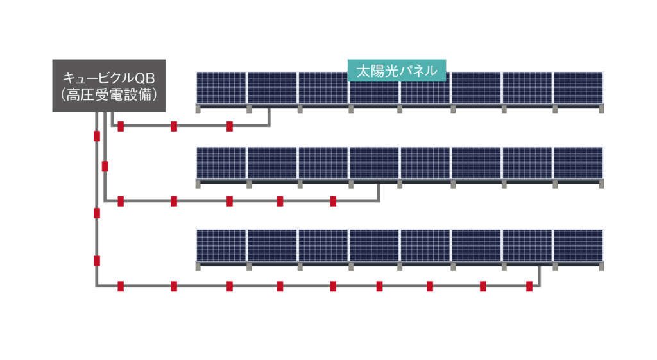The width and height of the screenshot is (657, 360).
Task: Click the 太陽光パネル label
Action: click(x=397, y=71)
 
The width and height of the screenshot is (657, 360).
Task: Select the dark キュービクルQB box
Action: click(x=108, y=86)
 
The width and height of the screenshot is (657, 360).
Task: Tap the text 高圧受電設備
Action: click(x=108, y=94)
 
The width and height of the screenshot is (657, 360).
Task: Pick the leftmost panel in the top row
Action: click(x=221, y=87)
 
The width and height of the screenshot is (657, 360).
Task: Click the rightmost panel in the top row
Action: click(x=578, y=87)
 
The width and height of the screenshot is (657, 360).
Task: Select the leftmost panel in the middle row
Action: click(x=221, y=163)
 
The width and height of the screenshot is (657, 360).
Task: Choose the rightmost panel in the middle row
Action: click(x=578, y=163)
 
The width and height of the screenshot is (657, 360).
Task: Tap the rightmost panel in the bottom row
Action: click(x=578, y=245)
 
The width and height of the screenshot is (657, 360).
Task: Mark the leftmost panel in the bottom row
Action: click(x=221, y=245)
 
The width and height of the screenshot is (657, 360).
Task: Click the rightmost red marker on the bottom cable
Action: click(x=529, y=286)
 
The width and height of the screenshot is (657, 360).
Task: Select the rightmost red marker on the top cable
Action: click(x=229, y=126)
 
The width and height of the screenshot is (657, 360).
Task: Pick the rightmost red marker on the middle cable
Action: click(x=333, y=201)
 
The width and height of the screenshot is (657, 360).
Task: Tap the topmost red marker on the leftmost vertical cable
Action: click(x=97, y=136)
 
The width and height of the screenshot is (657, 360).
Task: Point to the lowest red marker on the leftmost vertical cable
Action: click(x=97, y=261)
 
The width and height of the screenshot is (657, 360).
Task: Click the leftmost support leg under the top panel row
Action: click(x=198, y=109)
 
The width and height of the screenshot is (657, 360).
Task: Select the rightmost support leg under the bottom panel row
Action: click(x=601, y=266)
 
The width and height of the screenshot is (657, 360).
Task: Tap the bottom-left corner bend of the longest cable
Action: click(x=97, y=286)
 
